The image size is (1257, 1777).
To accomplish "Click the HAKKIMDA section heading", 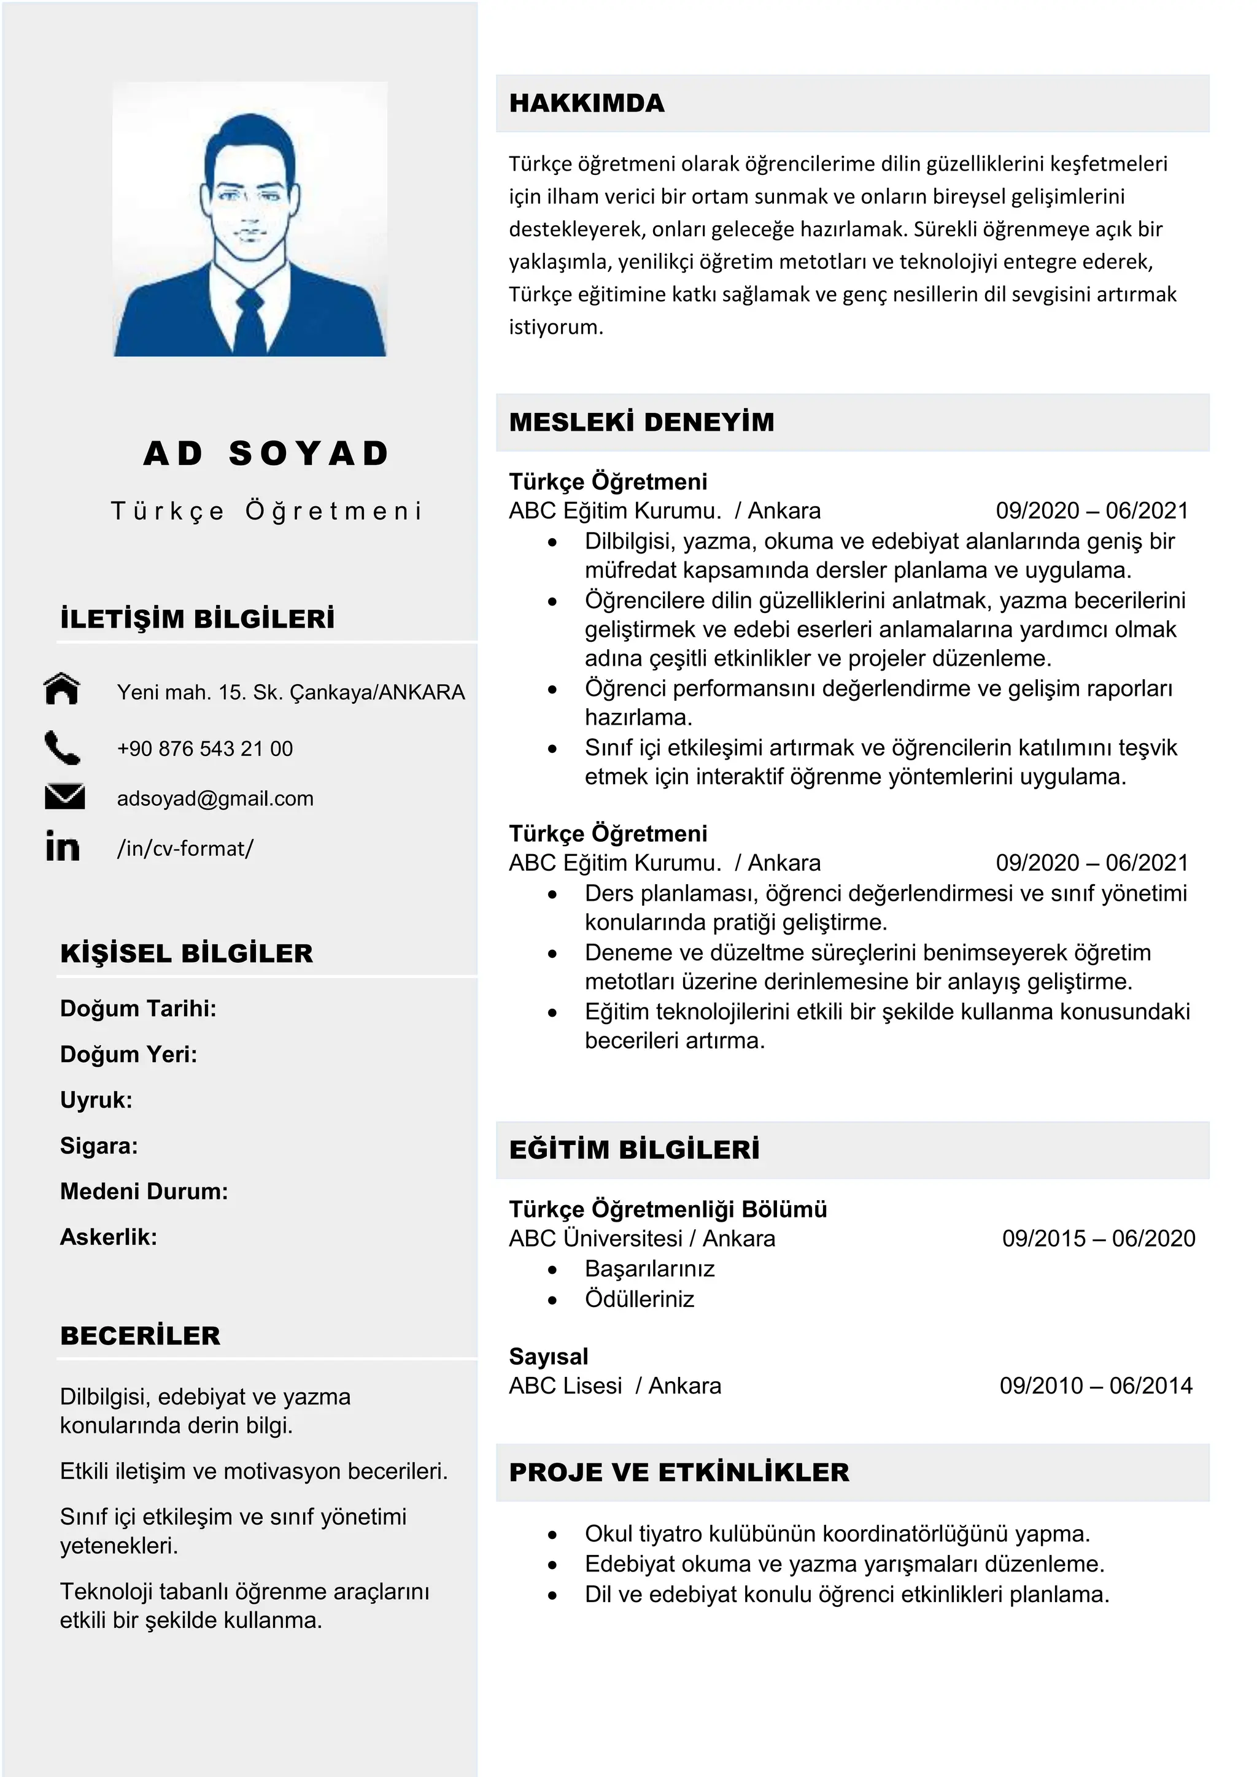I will click(x=587, y=103).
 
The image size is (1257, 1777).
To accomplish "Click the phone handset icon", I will click(x=62, y=747).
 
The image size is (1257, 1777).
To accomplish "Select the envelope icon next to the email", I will click(x=64, y=796).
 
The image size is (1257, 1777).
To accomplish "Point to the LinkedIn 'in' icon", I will click(x=62, y=846).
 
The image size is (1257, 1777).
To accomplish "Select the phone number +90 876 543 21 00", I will click(x=205, y=749).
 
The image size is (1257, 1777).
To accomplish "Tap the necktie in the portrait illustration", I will click(x=249, y=321).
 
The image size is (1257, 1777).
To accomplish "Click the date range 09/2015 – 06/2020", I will click(x=1097, y=1238).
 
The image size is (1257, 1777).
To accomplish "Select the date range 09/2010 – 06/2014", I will click(x=1095, y=1386).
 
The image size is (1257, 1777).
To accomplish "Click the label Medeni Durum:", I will click(x=144, y=1191).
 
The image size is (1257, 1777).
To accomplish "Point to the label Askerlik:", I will click(x=109, y=1237).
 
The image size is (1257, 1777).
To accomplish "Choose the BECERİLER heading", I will click(x=140, y=1336).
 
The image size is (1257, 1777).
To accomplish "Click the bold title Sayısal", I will click(x=548, y=1356).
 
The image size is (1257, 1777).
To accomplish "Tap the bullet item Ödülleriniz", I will click(x=640, y=1299).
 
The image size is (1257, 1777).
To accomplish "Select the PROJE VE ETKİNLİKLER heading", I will click(x=679, y=1472).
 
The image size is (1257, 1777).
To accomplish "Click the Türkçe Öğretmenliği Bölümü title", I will click(x=667, y=1209).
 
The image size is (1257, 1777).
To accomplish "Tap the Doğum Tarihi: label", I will click(x=137, y=1009).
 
